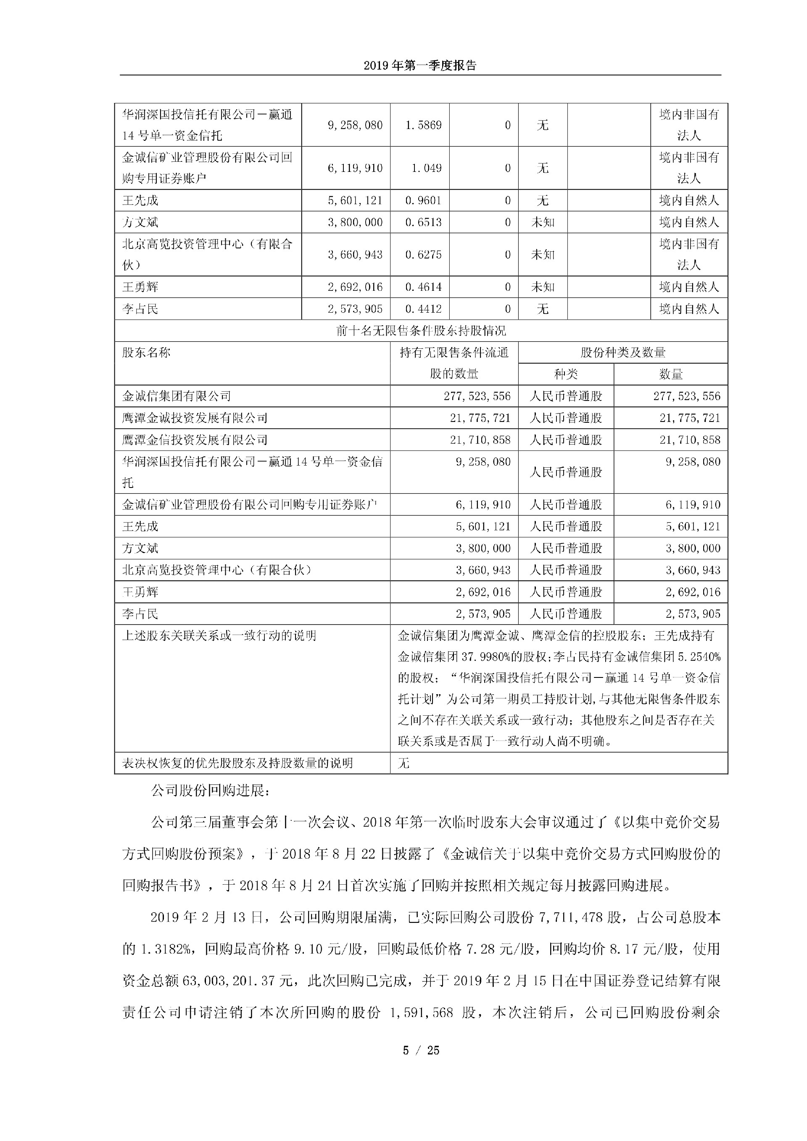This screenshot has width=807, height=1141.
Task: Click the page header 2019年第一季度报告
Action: pyautogui.click(x=420, y=66)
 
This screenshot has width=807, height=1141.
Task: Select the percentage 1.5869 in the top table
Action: pyautogui.click(x=423, y=125)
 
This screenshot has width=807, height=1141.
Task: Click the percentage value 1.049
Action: pyautogui.click(x=426, y=168)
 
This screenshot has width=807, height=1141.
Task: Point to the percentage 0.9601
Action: pyautogui.click(x=423, y=200)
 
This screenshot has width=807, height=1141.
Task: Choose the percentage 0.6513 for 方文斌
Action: pyautogui.click(x=423, y=222)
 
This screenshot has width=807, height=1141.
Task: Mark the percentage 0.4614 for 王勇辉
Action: pyautogui.click(x=423, y=287)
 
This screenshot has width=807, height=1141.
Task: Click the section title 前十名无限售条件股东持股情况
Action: pyautogui.click(x=421, y=330)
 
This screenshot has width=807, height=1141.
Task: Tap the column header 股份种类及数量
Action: pyautogui.click(x=622, y=352)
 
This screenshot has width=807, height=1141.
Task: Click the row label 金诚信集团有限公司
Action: pyautogui.click(x=177, y=396)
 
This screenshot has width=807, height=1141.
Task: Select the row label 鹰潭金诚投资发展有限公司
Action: pyautogui.click(x=195, y=418)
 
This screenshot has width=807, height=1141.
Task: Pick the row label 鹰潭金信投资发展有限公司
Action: pyautogui.click(x=195, y=440)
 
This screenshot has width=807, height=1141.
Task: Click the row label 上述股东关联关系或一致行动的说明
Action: pyautogui.click(x=219, y=635)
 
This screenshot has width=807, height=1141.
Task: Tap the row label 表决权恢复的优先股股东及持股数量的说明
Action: pyautogui.click(x=237, y=763)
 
